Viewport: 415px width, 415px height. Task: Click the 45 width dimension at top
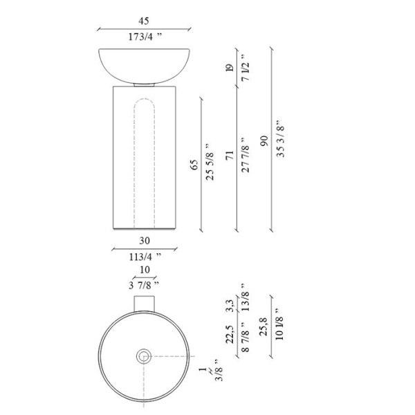144,21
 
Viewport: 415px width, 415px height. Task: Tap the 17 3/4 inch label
145,37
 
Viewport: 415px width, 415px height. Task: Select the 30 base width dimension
145,241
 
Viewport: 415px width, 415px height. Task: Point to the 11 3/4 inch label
145,257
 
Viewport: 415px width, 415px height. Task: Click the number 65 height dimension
194,165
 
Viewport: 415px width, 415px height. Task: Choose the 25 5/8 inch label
210,163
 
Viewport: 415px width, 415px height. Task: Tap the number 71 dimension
230,155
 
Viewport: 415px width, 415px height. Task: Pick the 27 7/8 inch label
246,155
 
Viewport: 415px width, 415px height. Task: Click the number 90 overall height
264,141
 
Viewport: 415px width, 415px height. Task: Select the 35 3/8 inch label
280,139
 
